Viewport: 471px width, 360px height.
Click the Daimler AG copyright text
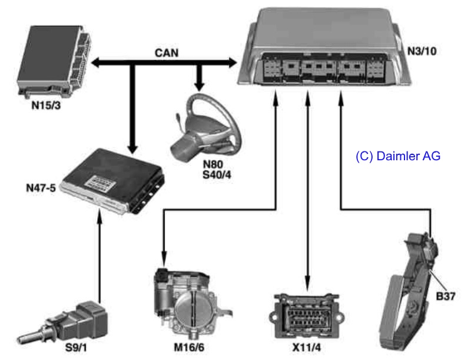coord(398,157)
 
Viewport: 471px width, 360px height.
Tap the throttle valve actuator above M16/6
coord(187,303)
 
